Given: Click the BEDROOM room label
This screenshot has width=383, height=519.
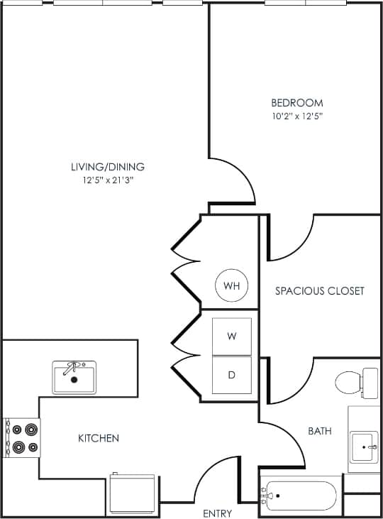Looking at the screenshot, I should [x=297, y=102].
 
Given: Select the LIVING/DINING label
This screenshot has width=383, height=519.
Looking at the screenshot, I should [x=107, y=167].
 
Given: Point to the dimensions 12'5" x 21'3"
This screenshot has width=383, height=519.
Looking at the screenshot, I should [x=107, y=180].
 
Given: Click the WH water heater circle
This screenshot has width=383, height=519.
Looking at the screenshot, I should [x=232, y=286].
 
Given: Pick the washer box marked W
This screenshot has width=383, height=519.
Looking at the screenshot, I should [x=232, y=337].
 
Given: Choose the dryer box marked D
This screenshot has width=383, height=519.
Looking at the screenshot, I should [x=232, y=374].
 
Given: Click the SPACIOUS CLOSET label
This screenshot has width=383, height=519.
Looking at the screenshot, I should [x=320, y=290].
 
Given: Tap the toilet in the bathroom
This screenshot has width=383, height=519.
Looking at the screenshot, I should [x=355, y=383].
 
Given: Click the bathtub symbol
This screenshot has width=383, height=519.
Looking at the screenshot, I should [x=301, y=496].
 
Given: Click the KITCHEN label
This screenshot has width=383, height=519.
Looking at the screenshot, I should [x=98, y=438].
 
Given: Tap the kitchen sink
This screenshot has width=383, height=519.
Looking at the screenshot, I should [x=74, y=377].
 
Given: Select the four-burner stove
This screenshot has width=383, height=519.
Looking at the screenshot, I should [x=22, y=438].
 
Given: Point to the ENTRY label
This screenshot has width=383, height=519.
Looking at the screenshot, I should [x=217, y=513].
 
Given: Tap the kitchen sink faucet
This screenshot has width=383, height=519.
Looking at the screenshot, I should [x=71, y=367].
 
